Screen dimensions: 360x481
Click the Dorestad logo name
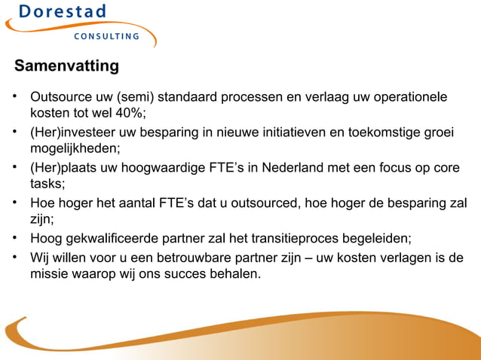(63, 13)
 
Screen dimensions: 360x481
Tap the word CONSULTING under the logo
(106, 37)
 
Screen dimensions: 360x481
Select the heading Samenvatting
(66, 66)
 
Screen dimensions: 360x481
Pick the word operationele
(408, 98)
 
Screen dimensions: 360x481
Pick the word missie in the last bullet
(50, 274)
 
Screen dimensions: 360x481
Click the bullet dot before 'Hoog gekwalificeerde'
(14, 238)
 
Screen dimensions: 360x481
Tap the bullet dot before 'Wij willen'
(14, 258)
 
